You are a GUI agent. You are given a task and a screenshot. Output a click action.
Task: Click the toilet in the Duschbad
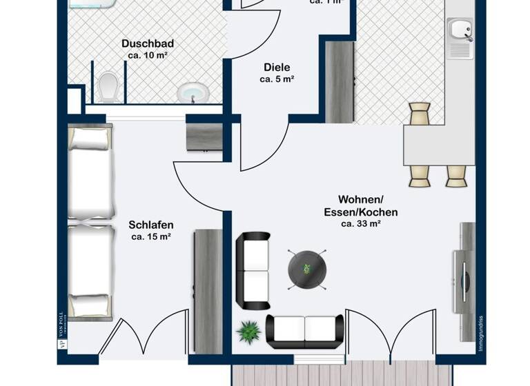[108, 88]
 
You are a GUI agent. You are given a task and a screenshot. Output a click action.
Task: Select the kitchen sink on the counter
[459, 30]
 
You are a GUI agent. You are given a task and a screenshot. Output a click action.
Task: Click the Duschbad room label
[147, 43]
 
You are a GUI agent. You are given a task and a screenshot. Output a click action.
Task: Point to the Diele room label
[277, 68]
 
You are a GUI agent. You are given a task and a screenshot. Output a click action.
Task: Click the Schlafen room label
[151, 225]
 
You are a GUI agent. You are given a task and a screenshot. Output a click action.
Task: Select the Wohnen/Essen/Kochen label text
[361, 206]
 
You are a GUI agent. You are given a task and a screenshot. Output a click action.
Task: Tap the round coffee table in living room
[307, 267]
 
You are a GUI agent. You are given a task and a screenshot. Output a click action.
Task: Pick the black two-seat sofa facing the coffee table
[253, 271]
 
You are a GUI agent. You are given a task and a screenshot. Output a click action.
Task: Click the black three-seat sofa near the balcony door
[305, 332]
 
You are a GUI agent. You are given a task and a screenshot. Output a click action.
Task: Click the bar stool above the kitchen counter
[420, 114]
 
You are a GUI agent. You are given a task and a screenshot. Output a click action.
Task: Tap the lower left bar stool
[420, 175]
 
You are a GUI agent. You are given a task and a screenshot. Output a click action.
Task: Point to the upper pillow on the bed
[89, 139]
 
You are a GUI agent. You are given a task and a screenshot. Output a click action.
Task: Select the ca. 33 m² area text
[361, 224]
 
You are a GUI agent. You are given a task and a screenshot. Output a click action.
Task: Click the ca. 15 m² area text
[151, 237]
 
